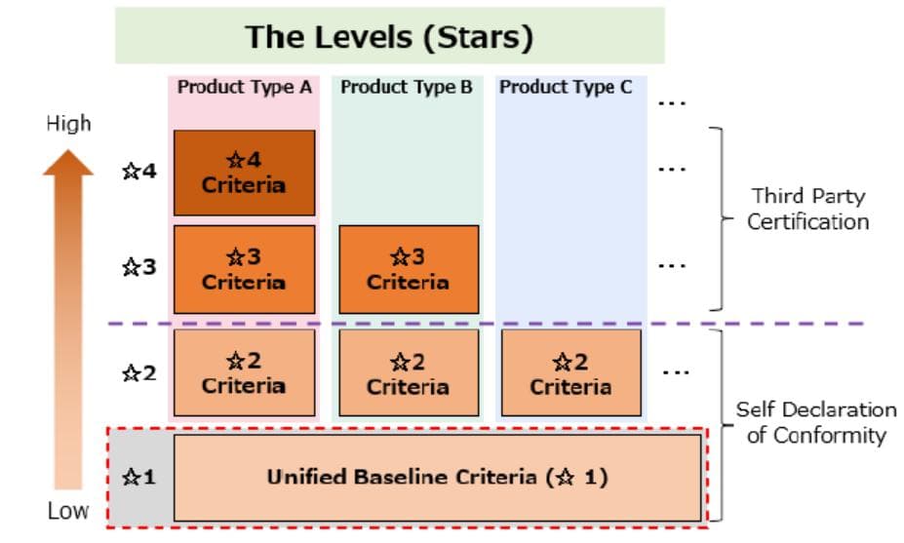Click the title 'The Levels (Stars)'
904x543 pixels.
389,37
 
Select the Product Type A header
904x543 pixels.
244,88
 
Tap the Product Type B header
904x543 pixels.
407,88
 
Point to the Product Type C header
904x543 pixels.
566,88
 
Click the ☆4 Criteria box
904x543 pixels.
244,173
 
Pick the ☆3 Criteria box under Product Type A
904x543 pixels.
244,269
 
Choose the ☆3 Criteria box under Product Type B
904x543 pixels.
408,269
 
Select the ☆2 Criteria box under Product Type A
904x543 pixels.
244,372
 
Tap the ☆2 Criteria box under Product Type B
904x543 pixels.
408,372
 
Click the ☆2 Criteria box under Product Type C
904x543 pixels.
570,372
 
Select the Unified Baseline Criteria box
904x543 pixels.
437,478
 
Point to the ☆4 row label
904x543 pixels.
138,172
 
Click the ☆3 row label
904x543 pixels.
138,266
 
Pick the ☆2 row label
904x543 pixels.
138,371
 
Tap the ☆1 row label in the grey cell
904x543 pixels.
138,478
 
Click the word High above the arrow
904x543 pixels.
68,124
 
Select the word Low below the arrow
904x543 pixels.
68,511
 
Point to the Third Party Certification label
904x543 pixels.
807,209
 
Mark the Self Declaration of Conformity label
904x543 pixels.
815,422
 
